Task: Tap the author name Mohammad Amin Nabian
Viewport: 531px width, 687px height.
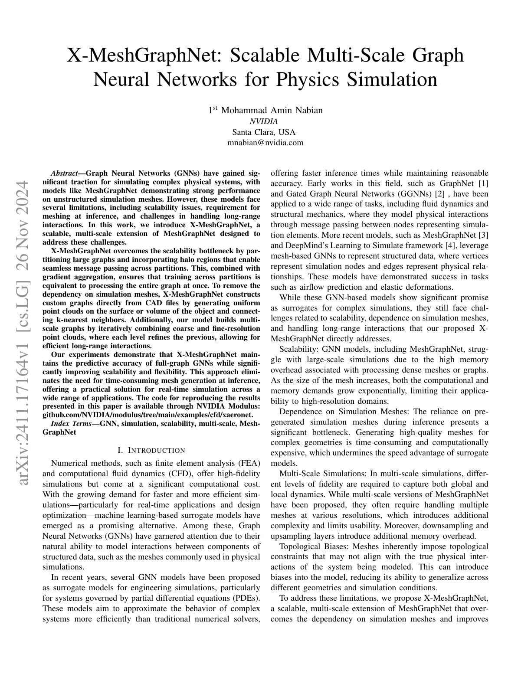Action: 272,110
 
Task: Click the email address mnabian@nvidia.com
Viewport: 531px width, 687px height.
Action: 265,142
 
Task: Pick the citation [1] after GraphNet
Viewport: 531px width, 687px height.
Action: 483,183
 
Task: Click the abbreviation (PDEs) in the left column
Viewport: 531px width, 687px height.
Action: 247,598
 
